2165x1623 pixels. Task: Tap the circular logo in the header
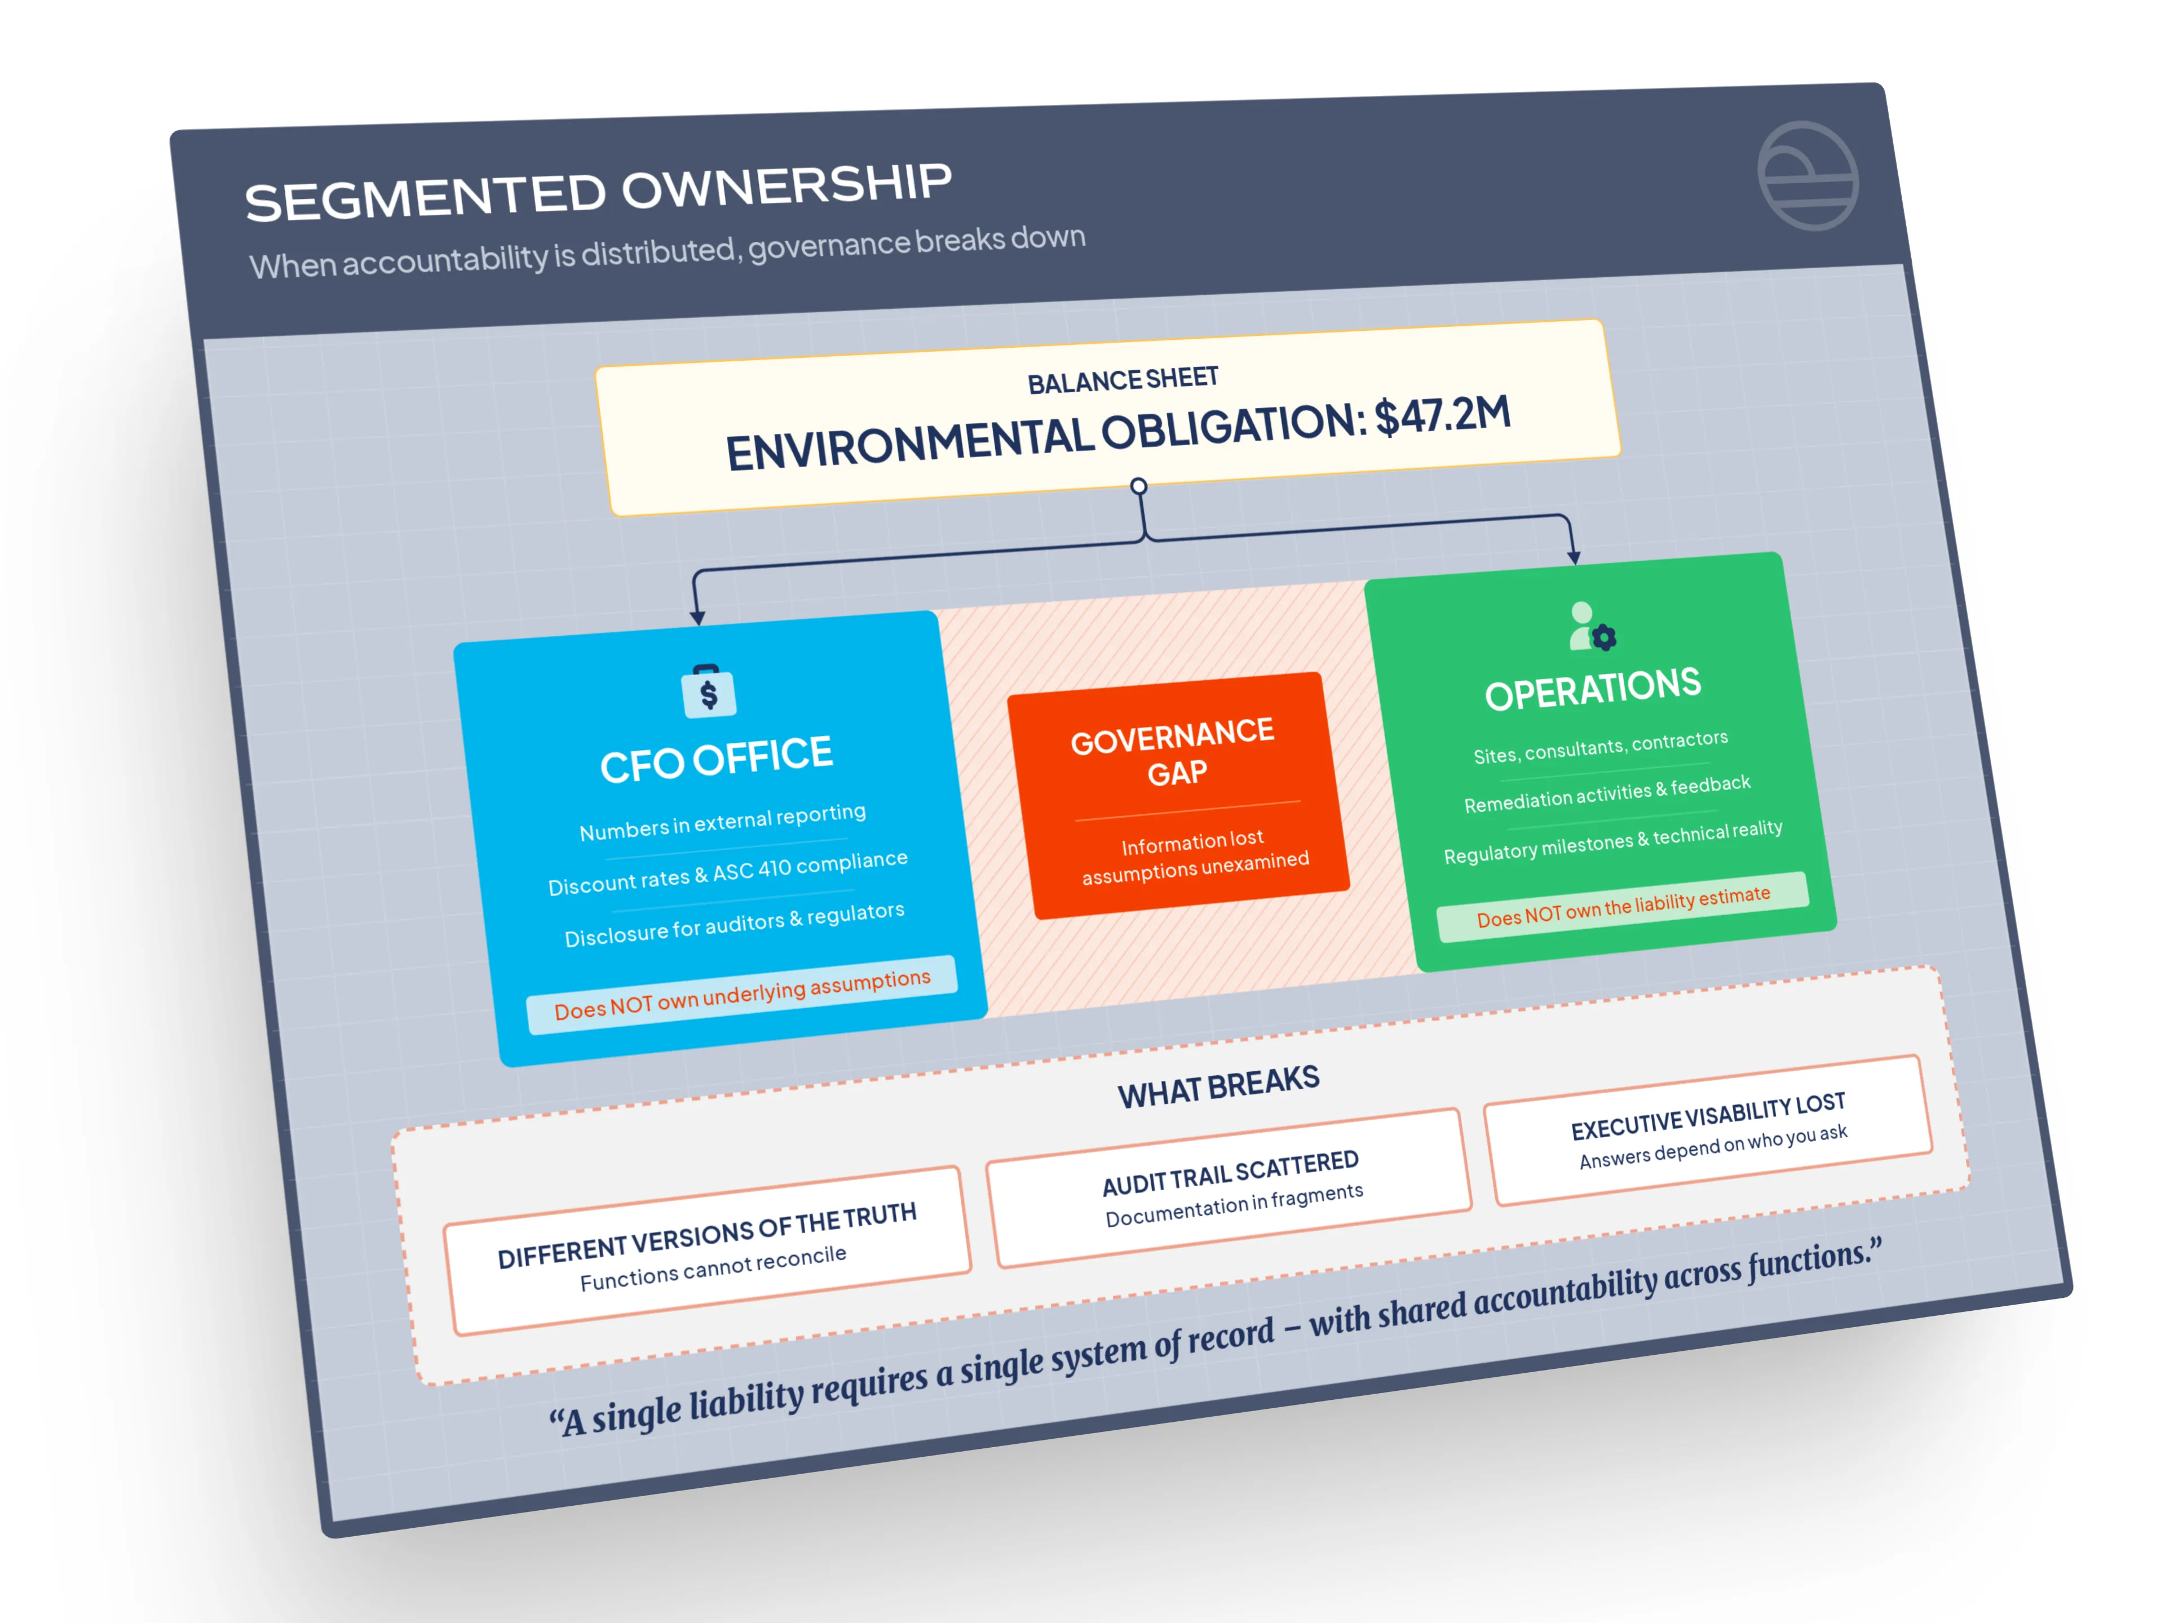point(1808,176)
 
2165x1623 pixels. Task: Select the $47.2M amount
point(1443,415)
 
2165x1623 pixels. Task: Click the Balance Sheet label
point(1123,380)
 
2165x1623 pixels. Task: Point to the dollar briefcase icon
point(709,691)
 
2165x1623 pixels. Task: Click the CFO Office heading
point(717,759)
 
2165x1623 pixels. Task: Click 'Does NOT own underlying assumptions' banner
point(742,994)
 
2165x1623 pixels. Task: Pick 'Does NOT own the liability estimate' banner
point(1623,906)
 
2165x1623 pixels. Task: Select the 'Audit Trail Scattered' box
point(1230,1187)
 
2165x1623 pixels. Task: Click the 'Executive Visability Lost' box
point(1709,1130)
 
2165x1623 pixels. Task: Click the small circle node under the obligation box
point(1138,486)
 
